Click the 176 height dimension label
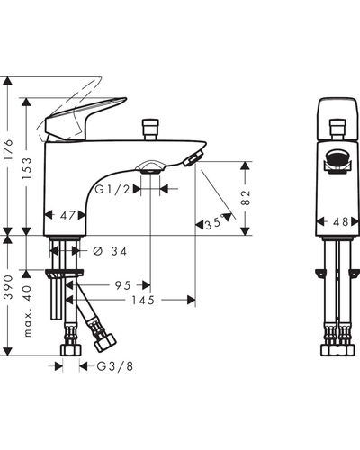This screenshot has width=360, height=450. (8, 149)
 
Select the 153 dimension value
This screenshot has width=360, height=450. (26, 168)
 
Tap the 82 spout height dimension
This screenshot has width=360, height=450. (246, 198)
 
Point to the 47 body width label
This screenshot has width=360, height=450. (67, 215)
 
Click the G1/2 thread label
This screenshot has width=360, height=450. (112, 189)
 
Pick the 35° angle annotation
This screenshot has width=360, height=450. (215, 223)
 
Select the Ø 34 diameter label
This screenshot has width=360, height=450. (110, 251)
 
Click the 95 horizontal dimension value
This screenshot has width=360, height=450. (123, 285)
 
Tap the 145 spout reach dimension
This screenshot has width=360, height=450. (143, 300)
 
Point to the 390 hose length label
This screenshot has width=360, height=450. (8, 286)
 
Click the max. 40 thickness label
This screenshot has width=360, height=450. (27, 310)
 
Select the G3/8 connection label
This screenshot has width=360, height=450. (115, 366)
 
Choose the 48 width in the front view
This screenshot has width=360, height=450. (340, 222)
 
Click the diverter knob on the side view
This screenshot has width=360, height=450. (150, 130)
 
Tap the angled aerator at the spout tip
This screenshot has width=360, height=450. (193, 157)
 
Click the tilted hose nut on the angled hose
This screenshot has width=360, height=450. (105, 343)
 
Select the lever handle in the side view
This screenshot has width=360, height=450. (85, 119)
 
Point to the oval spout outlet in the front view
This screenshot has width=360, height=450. (337, 157)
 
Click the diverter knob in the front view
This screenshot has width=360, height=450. (337, 130)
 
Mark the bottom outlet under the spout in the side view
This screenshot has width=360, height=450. (150, 168)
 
